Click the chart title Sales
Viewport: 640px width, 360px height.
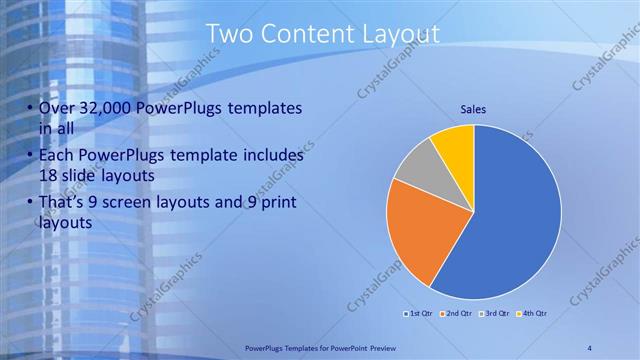coord(473,109)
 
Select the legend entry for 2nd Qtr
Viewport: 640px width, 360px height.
coord(459,314)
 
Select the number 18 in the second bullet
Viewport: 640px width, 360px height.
coord(50,175)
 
